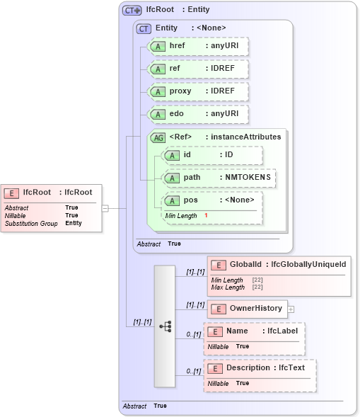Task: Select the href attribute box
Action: (x=197, y=47)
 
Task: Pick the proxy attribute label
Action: (x=180, y=91)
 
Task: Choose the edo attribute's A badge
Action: (x=156, y=114)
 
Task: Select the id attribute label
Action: (x=187, y=154)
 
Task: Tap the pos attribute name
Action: (x=190, y=200)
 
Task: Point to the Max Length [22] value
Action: (x=257, y=287)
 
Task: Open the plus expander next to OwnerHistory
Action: (x=291, y=309)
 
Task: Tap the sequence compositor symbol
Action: (x=165, y=326)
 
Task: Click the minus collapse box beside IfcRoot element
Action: (x=105, y=208)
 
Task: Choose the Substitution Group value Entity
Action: (x=74, y=223)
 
